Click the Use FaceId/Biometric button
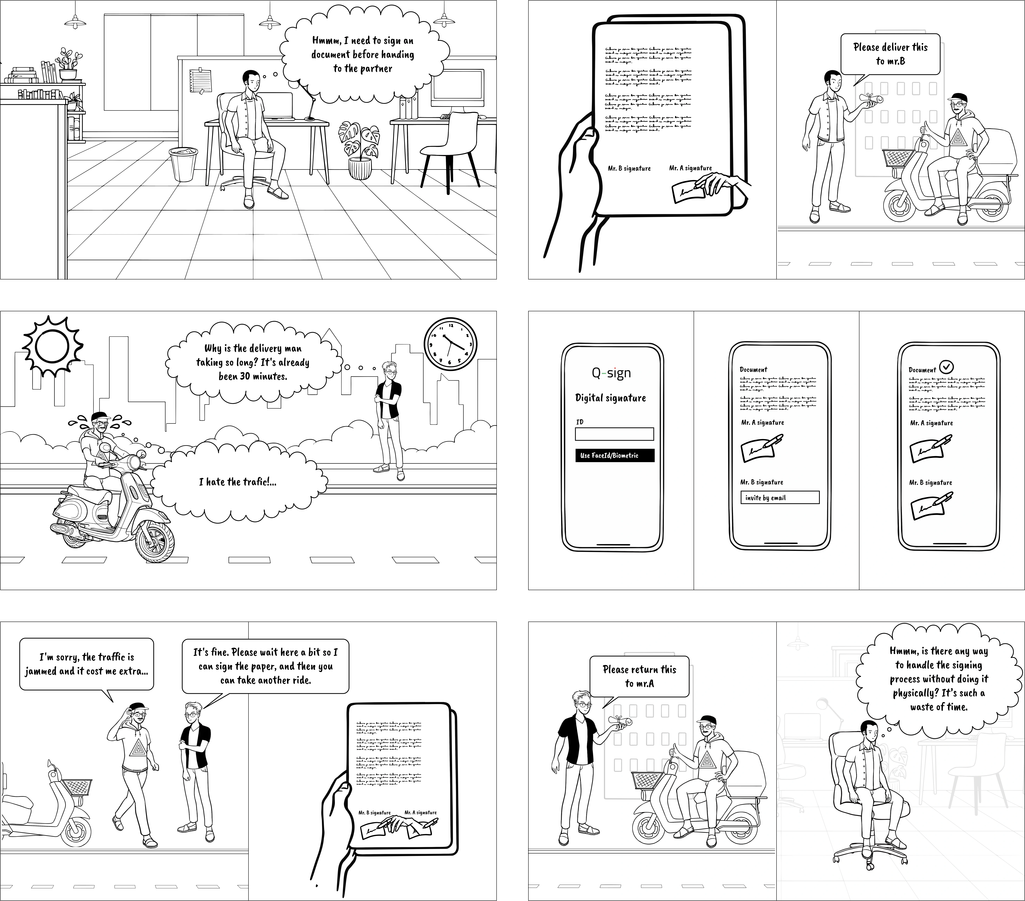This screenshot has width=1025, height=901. (x=614, y=456)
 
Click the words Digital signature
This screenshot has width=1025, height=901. (x=610, y=398)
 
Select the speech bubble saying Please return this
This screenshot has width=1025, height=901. (x=639, y=676)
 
